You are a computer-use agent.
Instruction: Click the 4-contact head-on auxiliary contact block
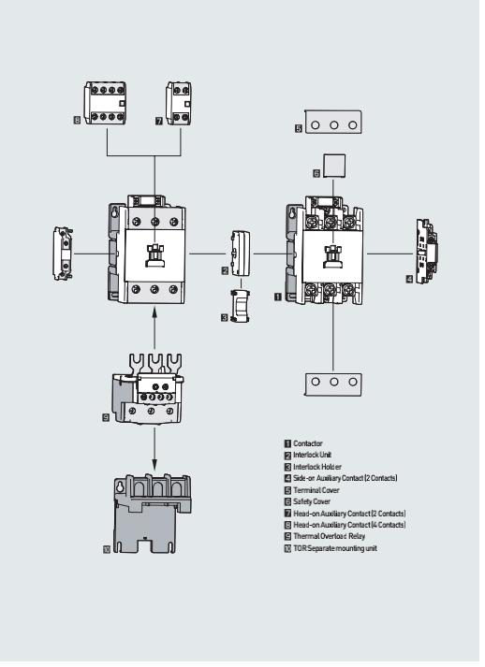tap(105, 103)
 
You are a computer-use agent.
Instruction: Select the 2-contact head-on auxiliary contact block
tap(179, 103)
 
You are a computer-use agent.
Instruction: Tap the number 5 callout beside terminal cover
tap(299, 128)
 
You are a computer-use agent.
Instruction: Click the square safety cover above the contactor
tap(334, 166)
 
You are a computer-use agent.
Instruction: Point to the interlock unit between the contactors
tap(241, 254)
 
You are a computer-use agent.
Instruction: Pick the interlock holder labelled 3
tap(240, 306)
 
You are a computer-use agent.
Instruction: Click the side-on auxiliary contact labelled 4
tap(427, 252)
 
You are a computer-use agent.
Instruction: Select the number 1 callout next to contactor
tap(278, 297)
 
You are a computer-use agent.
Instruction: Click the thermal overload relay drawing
tap(148, 389)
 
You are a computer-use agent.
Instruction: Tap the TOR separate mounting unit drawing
tap(153, 514)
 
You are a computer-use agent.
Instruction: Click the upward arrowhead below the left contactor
tap(154, 313)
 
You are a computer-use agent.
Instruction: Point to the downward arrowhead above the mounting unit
tap(154, 462)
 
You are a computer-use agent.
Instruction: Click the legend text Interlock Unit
tap(312, 455)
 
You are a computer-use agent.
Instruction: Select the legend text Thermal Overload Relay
tap(330, 536)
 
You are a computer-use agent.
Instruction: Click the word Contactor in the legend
tap(308, 443)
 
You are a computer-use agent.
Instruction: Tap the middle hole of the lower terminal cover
tap(334, 382)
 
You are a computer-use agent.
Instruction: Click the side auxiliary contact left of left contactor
tap(63, 254)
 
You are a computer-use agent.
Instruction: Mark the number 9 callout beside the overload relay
tap(106, 418)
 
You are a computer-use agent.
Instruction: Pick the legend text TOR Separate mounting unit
tap(335, 548)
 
